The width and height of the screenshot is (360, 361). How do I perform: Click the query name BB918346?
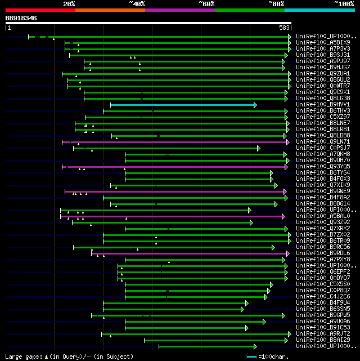click(21, 18)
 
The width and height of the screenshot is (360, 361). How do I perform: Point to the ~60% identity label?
click(206, 4)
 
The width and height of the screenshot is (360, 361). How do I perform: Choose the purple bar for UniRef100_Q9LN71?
click(174, 142)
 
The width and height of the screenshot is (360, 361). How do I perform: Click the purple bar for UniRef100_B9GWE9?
click(174, 191)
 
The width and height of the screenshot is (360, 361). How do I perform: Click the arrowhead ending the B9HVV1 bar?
click(255, 105)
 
